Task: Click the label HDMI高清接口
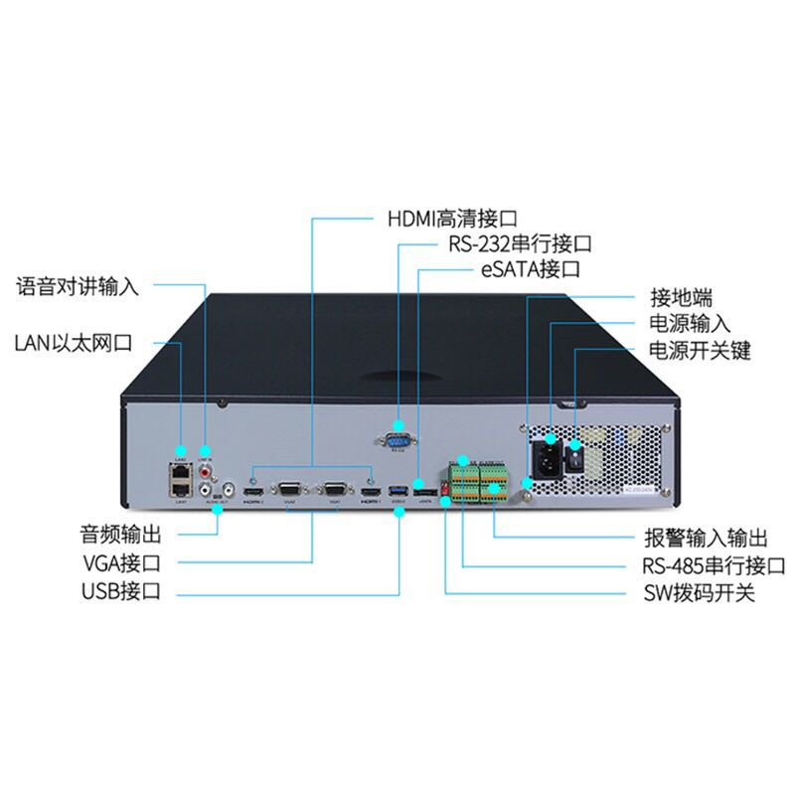452,217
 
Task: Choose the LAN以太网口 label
74,344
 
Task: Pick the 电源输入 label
690,324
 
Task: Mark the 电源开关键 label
700,351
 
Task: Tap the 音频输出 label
120,533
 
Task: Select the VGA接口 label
120,562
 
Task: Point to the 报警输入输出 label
705,540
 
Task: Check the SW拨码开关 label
695,595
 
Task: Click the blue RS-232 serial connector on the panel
398,437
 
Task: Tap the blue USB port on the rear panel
398,491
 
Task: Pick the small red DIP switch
445,489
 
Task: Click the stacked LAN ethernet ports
181,481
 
